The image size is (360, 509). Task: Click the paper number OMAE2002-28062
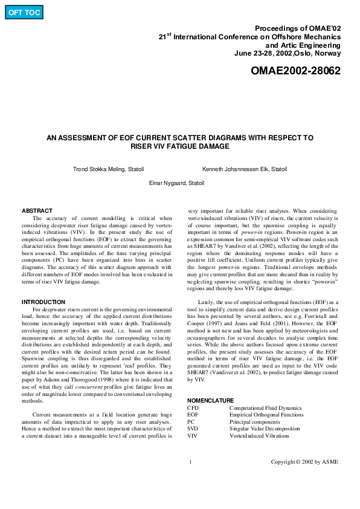pos(295,71)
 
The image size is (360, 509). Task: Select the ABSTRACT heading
pos(37,211)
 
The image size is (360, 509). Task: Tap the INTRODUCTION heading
pos(43,302)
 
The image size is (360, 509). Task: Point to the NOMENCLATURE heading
pos(210,400)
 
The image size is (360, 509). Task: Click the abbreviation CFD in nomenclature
pos(193,408)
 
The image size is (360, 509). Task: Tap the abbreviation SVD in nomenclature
pos(193,429)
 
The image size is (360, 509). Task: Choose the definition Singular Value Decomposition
pos(265,429)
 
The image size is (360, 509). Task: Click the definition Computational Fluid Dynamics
pos(265,408)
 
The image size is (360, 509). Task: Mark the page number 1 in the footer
pos(190,462)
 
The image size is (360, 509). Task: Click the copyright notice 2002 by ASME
pos(304,462)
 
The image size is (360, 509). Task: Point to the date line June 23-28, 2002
pos(288,53)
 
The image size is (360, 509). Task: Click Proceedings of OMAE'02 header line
pos(298,28)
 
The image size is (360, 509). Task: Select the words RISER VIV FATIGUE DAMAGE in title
pos(180,146)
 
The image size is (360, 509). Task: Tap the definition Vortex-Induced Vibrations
pos(259,435)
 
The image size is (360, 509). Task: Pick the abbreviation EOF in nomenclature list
pos(193,415)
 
